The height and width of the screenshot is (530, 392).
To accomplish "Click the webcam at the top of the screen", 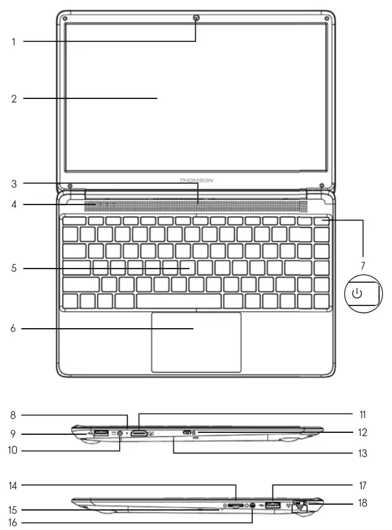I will (196, 18).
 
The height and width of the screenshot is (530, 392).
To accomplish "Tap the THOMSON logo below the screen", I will (196, 181).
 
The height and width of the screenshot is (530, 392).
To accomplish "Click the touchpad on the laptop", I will (196, 342).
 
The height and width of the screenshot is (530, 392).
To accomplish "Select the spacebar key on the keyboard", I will (178, 301).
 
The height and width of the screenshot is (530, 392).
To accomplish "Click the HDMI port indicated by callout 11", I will (140, 432).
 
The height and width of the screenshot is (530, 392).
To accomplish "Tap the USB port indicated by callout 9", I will (100, 432).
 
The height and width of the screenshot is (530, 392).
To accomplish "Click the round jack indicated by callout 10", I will (120, 434).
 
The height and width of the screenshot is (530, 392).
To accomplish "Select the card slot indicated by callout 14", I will (236, 503).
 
